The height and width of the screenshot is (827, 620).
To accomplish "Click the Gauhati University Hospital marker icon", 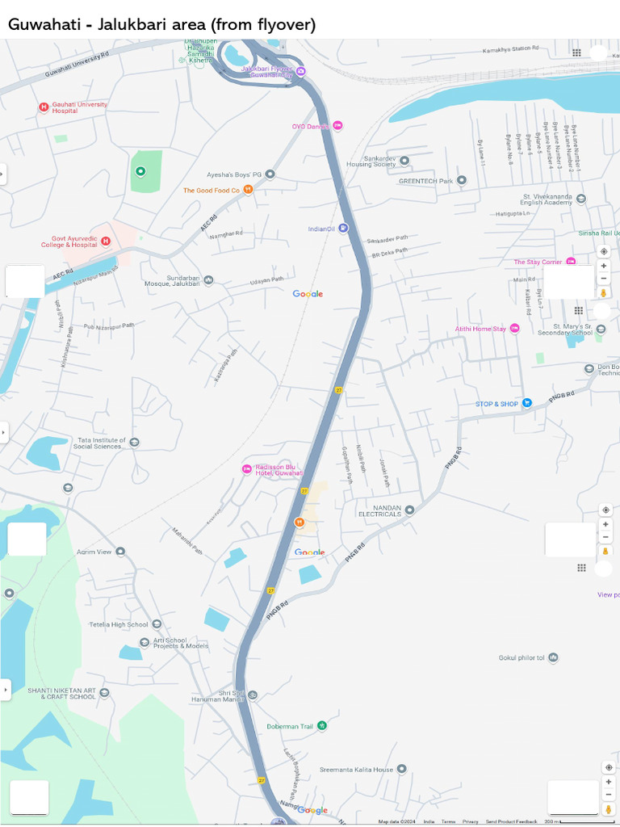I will (x=44, y=107).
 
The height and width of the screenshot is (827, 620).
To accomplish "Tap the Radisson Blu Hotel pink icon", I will (x=247, y=469).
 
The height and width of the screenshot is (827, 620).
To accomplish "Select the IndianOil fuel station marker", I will (x=343, y=229).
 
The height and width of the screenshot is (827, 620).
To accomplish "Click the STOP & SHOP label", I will (x=496, y=404).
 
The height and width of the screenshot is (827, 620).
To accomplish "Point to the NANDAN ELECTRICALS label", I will (x=379, y=510).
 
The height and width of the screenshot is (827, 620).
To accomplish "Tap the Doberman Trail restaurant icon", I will (x=322, y=726).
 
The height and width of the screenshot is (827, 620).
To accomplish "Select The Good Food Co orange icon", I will (x=249, y=190).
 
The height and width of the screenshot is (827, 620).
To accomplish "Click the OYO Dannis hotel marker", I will (x=337, y=125).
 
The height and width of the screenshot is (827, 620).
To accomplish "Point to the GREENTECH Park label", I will (x=425, y=181).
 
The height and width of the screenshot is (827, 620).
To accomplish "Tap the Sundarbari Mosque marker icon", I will (x=209, y=280).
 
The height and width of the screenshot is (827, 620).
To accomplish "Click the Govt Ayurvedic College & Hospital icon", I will (x=105, y=241).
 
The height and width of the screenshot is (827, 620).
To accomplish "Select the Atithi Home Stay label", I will (x=480, y=329).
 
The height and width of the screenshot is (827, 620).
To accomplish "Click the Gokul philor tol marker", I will (x=553, y=657).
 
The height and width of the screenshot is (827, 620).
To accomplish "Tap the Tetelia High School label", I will (x=118, y=624).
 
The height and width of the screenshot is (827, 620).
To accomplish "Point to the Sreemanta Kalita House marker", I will (x=401, y=769).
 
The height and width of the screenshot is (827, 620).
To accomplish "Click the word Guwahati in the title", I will (x=44, y=24).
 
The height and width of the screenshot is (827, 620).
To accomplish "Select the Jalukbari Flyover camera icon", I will (x=300, y=71).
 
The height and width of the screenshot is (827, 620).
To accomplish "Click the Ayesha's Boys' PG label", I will (x=234, y=174).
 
